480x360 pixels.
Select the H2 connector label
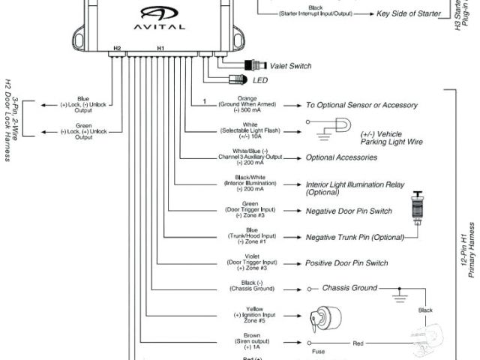[x=117, y=48]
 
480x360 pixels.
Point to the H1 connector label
[x=160, y=48]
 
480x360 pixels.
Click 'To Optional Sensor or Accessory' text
[x=361, y=105]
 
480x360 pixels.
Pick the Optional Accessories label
[x=340, y=157]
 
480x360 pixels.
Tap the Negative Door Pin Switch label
[x=348, y=211]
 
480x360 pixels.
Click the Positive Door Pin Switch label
[x=346, y=263]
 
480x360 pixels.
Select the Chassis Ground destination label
[x=350, y=287]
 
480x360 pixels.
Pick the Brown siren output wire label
[x=251, y=341]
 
